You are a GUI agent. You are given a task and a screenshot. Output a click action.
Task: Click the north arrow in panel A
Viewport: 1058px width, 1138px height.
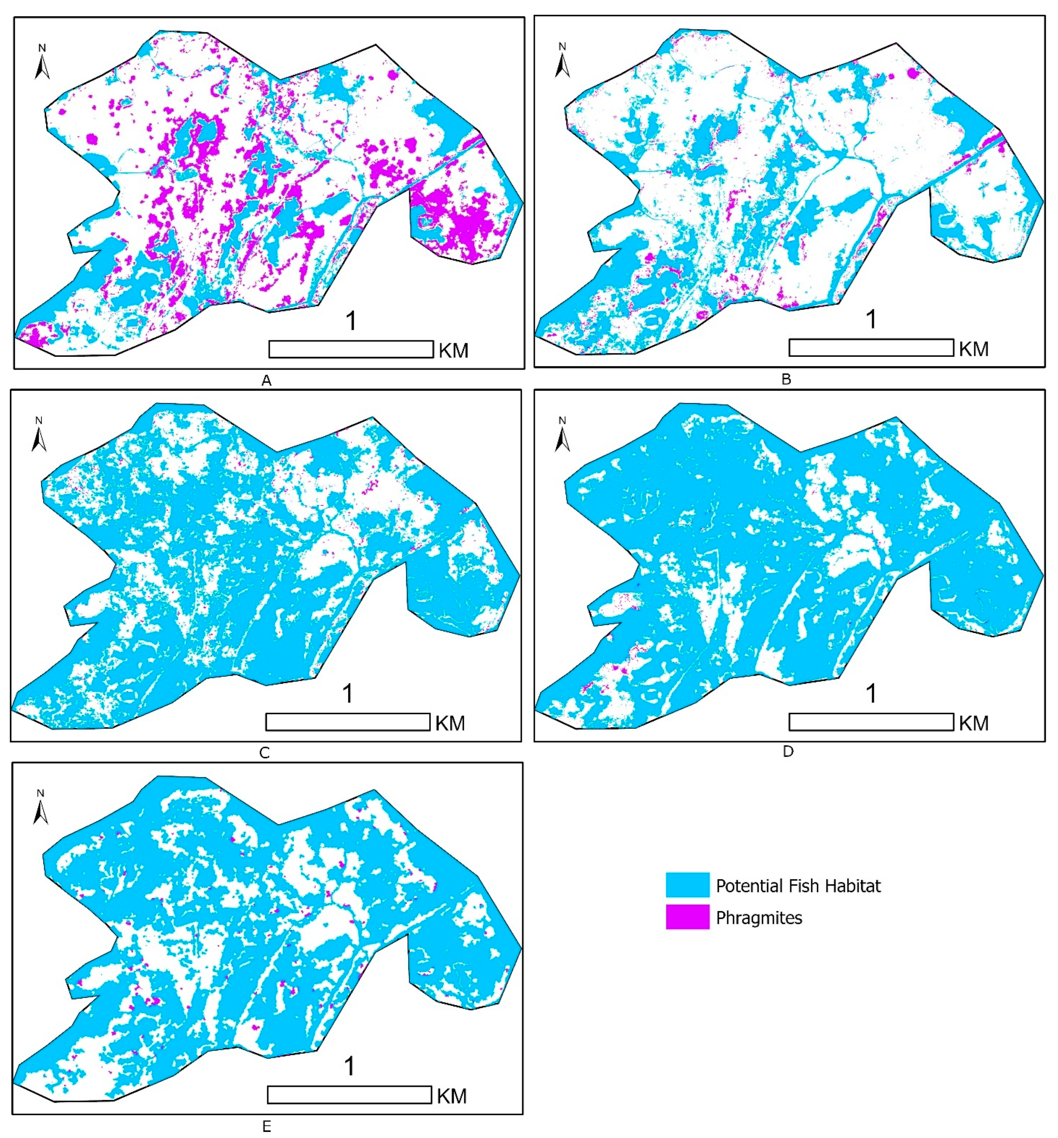(42, 63)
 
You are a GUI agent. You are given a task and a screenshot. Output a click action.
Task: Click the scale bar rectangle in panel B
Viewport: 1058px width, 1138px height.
(871, 348)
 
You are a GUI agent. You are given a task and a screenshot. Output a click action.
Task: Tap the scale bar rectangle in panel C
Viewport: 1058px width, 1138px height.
(347, 722)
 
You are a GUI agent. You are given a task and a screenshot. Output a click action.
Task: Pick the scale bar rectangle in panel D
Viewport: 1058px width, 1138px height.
(871, 722)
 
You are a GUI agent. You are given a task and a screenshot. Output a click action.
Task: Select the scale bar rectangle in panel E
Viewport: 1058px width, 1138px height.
(349, 1095)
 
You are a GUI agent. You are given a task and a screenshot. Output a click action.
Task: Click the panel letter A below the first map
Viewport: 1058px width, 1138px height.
(266, 381)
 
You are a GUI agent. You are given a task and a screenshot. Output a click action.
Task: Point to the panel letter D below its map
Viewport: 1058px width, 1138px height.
(788, 752)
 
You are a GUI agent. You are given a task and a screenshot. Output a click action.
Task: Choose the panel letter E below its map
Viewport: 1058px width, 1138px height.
(266, 1126)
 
